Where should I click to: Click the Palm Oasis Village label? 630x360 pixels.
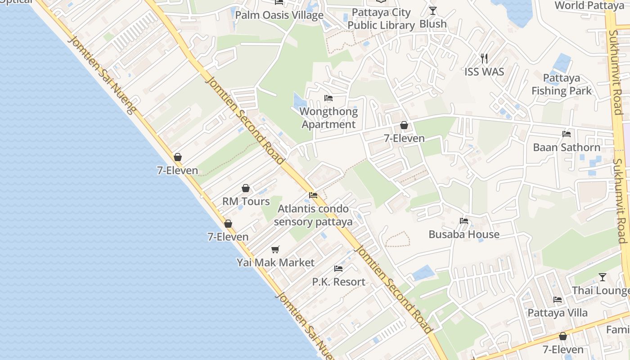click(279, 15)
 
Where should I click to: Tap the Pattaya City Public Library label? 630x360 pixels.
click(381, 19)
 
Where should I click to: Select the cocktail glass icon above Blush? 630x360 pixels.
click(433, 11)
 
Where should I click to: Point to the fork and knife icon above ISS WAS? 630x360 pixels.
click(484, 58)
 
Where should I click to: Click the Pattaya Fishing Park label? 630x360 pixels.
click(562, 84)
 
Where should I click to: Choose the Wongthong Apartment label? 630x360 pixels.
click(328, 118)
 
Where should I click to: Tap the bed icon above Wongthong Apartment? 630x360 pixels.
click(328, 98)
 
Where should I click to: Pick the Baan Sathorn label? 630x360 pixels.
click(567, 148)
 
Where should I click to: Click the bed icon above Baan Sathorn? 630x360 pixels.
click(567, 134)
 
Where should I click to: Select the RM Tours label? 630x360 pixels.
click(246, 201)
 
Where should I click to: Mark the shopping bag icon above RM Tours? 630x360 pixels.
click(246, 188)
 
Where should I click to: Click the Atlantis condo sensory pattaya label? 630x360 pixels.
click(313, 215)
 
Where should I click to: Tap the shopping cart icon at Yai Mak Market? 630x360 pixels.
click(275, 249)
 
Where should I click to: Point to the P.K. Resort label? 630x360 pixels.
click(339, 282)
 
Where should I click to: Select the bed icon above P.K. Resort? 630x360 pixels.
click(338, 269)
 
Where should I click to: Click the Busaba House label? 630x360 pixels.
click(464, 234)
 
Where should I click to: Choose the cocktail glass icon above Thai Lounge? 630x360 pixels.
click(603, 277)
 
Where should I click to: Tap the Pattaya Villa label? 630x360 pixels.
click(558, 313)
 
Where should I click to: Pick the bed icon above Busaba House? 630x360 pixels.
click(464, 220)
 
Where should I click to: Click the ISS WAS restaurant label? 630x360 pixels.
click(484, 72)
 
